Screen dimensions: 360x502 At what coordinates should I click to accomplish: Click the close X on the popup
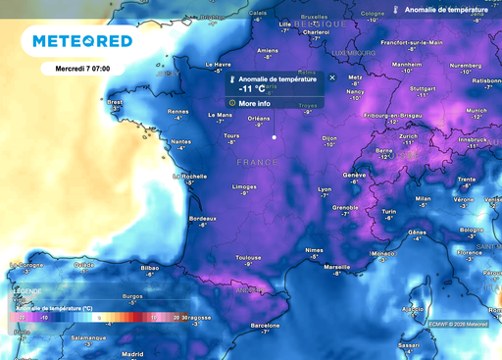(331, 77)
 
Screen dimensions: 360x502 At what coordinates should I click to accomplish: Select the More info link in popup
(253, 102)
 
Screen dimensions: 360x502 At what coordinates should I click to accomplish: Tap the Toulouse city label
(249, 256)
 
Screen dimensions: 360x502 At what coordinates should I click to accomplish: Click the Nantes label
(180, 141)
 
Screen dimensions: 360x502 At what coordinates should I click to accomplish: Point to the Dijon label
(329, 138)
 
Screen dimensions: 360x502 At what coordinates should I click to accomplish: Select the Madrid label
(132, 353)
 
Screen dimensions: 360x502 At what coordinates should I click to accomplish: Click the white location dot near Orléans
(274, 137)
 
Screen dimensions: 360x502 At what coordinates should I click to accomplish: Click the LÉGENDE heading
(26, 291)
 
